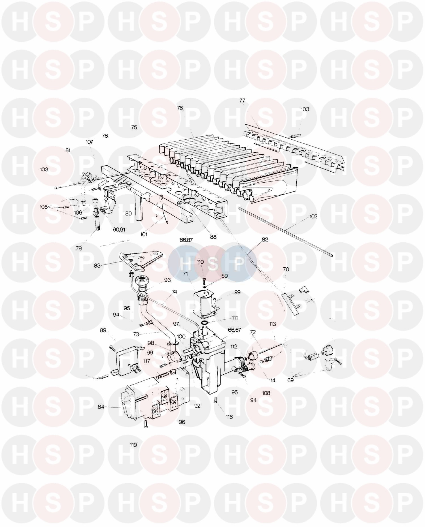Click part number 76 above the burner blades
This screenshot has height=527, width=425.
(x=180, y=108)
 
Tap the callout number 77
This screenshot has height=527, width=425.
(x=242, y=100)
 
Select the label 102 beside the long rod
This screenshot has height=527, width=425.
(x=313, y=217)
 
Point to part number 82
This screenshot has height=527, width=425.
(x=265, y=240)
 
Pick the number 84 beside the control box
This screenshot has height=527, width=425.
(x=101, y=407)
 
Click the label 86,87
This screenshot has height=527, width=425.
(x=186, y=240)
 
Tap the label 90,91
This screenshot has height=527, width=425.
(x=119, y=230)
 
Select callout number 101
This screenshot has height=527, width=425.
(x=144, y=234)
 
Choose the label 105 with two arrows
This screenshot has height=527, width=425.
(x=44, y=207)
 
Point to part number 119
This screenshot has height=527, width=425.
(x=133, y=445)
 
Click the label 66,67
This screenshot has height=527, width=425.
(x=235, y=330)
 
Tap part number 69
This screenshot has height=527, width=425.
(x=290, y=380)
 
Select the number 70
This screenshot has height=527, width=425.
(x=286, y=269)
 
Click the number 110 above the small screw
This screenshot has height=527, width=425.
(x=200, y=262)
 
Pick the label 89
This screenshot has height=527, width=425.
(x=103, y=330)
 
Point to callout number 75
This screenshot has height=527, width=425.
(x=134, y=127)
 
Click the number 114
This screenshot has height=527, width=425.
(x=272, y=380)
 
